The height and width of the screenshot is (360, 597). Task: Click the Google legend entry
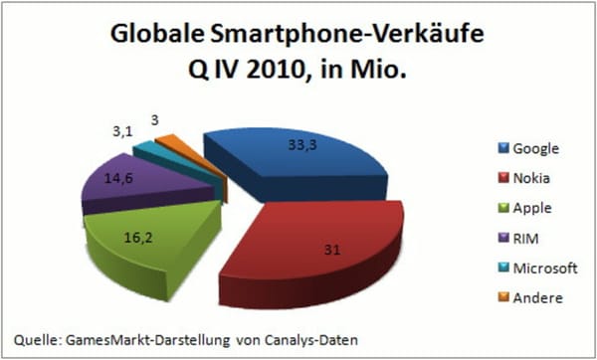click(x=527, y=149)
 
